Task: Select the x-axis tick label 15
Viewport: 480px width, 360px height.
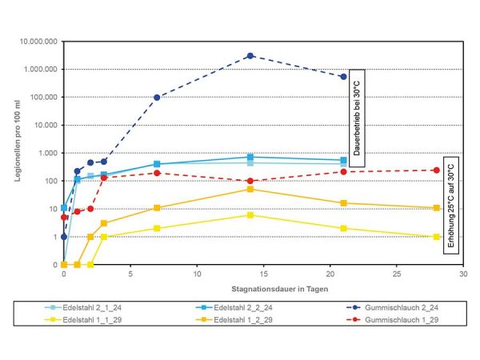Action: tap(263, 274)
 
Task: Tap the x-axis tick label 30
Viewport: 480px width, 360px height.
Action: tap(462, 274)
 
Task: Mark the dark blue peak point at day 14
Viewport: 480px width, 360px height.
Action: tap(250, 56)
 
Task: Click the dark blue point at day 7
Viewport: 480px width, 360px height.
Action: tap(157, 98)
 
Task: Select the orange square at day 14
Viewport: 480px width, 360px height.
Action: tap(250, 190)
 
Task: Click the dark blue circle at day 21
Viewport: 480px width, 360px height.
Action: tap(343, 77)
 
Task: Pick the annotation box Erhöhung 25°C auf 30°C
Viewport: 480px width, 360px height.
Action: tap(450, 203)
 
